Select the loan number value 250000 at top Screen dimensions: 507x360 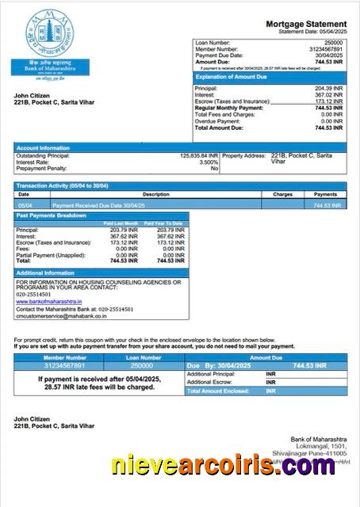tap(333, 42)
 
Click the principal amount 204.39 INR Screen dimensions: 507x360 tap(328, 88)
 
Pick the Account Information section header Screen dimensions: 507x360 tap(43, 147)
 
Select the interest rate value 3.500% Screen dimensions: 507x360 tap(208, 162)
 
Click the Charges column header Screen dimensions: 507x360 tap(282, 194)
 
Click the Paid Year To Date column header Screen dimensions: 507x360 tap(166, 223)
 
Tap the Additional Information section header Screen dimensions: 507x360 tap(50, 273)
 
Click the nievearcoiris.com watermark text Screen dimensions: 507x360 tap(223, 467)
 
